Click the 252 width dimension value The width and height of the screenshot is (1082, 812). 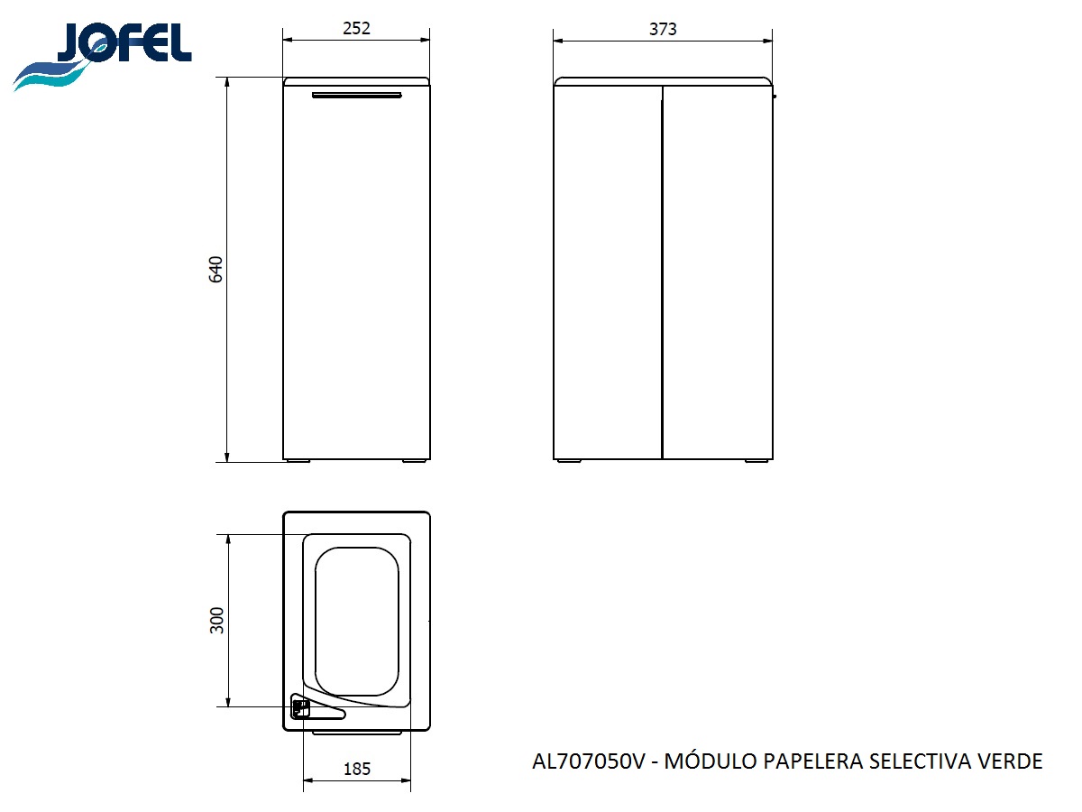pyautogui.click(x=356, y=28)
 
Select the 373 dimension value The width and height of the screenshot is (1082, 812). pyautogui.click(x=663, y=29)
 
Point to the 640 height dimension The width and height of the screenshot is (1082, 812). pyautogui.click(x=215, y=270)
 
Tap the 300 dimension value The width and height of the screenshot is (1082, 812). pyautogui.click(x=216, y=620)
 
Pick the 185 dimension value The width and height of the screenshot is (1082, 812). pyautogui.click(x=356, y=770)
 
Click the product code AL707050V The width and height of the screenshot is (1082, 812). pyautogui.click(x=589, y=761)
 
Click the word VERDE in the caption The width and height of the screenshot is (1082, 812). pyautogui.click(x=1009, y=761)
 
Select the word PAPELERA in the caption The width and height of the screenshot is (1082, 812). pyautogui.click(x=812, y=761)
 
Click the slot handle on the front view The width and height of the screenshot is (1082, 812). pyautogui.click(x=356, y=95)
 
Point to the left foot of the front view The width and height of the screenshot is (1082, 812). pyautogui.click(x=297, y=461)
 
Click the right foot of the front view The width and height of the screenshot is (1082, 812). pyautogui.click(x=415, y=461)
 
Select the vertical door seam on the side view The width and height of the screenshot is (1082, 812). pyautogui.click(x=663, y=271)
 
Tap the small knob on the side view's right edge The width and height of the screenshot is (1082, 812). pyautogui.click(x=775, y=95)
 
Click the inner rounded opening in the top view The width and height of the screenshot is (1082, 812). pyautogui.click(x=356, y=618)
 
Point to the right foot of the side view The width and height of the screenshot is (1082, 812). pyautogui.click(x=757, y=461)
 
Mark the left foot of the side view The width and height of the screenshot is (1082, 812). pyautogui.click(x=569, y=461)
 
